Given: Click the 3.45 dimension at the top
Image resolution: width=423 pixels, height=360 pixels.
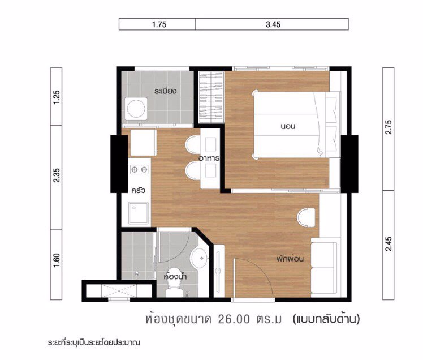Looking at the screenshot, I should pyautogui.click(x=272, y=24).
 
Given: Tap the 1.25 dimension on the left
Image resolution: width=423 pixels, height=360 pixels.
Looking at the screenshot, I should pyautogui.click(x=56, y=96).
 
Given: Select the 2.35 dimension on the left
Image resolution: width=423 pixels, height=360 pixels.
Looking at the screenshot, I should pyautogui.click(x=56, y=177).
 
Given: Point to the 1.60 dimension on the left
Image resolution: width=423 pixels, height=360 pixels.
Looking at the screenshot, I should pyautogui.click(x=56, y=263).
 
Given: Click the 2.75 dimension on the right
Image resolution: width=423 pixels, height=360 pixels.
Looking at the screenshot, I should pyautogui.click(x=388, y=128).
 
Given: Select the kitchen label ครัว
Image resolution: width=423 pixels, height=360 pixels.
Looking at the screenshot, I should pyautogui.click(x=139, y=190).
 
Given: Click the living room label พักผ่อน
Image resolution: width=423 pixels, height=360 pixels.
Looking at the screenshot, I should pyautogui.click(x=291, y=259).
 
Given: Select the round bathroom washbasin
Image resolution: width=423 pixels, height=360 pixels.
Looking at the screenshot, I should pyautogui.click(x=199, y=259).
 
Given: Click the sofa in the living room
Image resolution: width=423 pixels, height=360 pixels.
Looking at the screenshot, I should pyautogui.click(x=328, y=266).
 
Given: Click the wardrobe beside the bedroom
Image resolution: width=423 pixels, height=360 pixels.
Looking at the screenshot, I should pyautogui.click(x=212, y=96).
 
